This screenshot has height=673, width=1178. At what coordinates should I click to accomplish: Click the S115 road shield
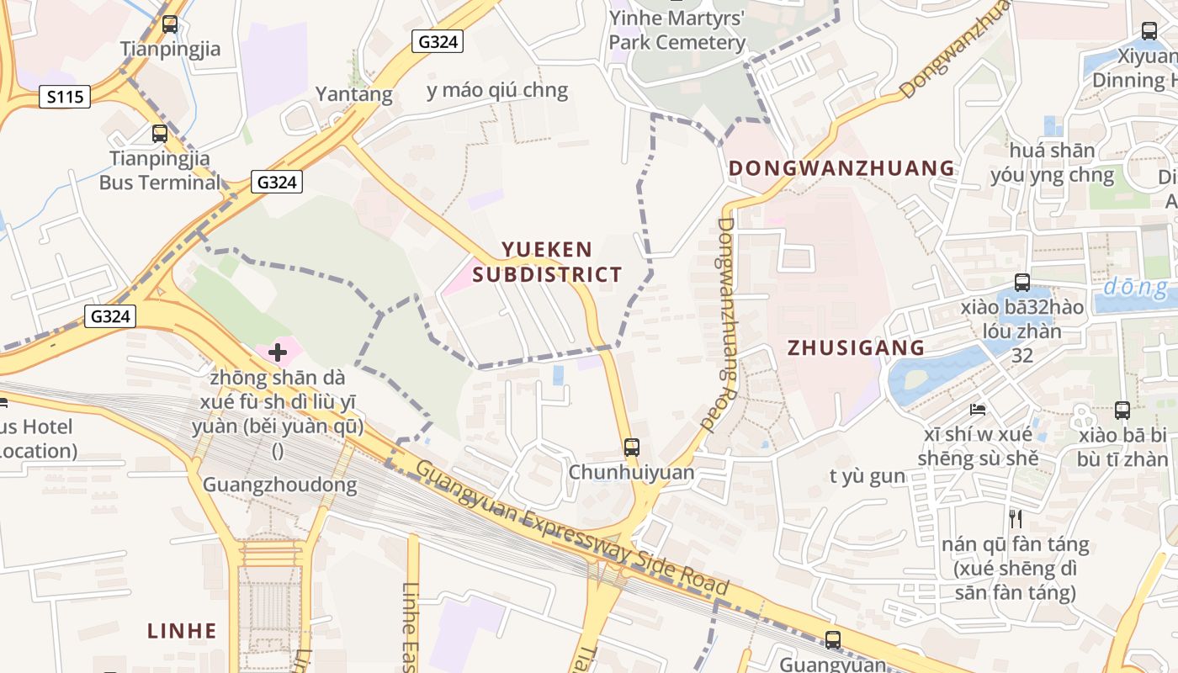coord(65,97)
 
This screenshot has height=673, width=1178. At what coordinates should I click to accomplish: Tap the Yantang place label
coord(353,94)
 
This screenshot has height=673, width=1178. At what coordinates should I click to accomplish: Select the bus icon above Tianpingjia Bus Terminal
coord(160,133)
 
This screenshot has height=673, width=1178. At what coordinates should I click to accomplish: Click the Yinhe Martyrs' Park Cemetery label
coord(677,30)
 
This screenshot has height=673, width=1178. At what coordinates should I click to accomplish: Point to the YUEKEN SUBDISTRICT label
coord(547,262)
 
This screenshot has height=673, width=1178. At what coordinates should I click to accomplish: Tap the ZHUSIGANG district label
coord(856,347)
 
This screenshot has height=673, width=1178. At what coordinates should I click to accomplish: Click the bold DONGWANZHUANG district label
coord(841,168)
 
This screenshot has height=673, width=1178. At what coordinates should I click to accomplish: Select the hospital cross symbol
coord(278,352)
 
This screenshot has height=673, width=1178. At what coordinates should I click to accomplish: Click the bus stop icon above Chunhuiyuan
coord(632,448)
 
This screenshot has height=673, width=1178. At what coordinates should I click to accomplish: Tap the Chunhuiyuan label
coord(632,472)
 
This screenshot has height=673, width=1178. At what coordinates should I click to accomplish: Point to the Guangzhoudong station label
coord(279,485)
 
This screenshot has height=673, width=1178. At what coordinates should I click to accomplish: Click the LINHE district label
coord(182,630)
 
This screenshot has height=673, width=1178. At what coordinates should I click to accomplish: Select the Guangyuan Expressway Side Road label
coord(572,529)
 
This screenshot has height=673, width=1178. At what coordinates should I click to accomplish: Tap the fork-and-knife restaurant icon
coord(1016,518)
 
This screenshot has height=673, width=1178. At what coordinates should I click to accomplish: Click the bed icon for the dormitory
coord(977,410)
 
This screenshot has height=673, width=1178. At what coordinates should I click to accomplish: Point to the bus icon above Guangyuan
coord(833,640)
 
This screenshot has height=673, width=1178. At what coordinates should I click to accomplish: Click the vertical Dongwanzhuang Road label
coord(728,324)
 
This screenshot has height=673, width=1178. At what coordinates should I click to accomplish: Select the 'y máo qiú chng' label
coord(497,90)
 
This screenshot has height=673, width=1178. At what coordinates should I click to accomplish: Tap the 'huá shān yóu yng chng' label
coord(1053,163)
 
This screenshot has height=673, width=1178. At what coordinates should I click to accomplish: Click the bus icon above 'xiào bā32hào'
coord(1022,283)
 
